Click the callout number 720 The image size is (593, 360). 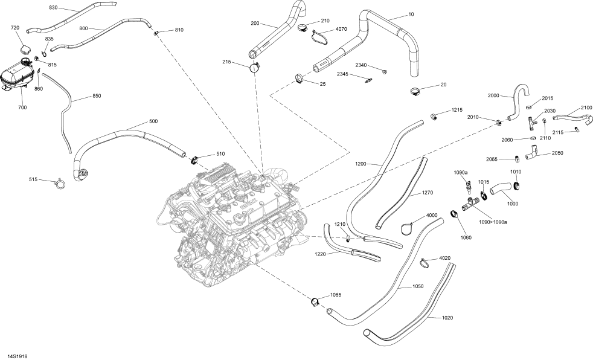point(15,28)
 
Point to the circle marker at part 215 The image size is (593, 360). point(255,68)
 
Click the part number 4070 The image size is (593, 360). point(341,28)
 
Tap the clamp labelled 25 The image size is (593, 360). point(300,77)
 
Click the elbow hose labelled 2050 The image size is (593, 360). point(533,156)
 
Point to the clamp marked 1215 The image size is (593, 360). point(434,115)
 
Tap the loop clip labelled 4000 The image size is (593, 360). point(408,227)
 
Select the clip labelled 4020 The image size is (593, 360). point(425,262)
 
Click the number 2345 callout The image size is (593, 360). point(342,74)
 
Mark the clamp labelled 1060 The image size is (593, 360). point(454,213)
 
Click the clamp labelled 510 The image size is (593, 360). point(195,161)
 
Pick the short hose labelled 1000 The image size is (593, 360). point(500,191)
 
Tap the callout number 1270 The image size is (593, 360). point(427,193)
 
